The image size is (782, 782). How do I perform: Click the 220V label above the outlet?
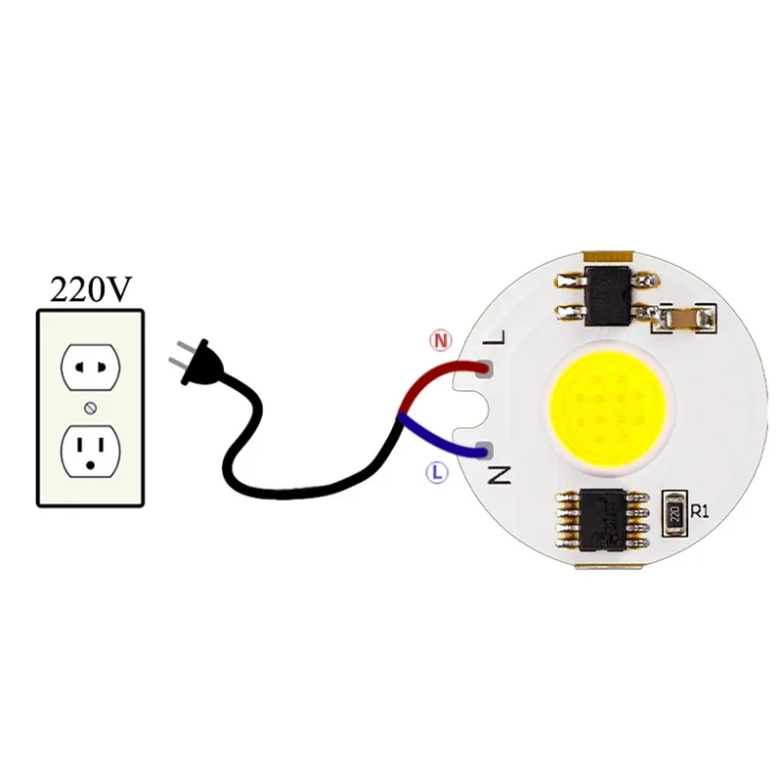pos(90,289)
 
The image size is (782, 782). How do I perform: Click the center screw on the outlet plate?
pos(90,407)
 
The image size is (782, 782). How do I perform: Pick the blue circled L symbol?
pos(437,472)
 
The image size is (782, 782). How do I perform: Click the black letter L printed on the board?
pos(499,339)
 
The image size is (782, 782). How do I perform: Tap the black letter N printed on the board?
pos(500,476)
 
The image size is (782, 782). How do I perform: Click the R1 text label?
pos(699,510)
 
